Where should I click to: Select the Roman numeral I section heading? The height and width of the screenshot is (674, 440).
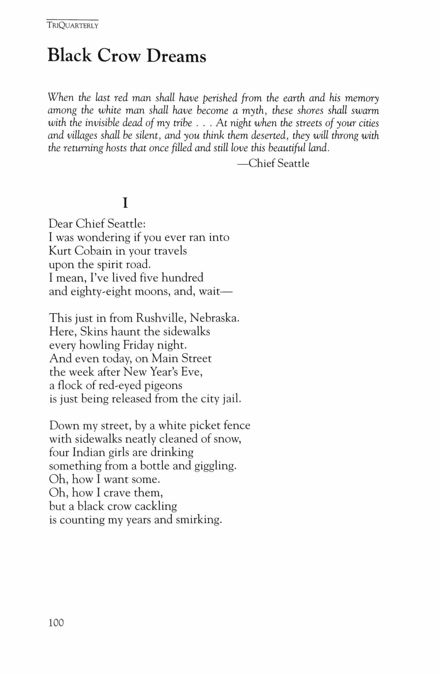[124, 203]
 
